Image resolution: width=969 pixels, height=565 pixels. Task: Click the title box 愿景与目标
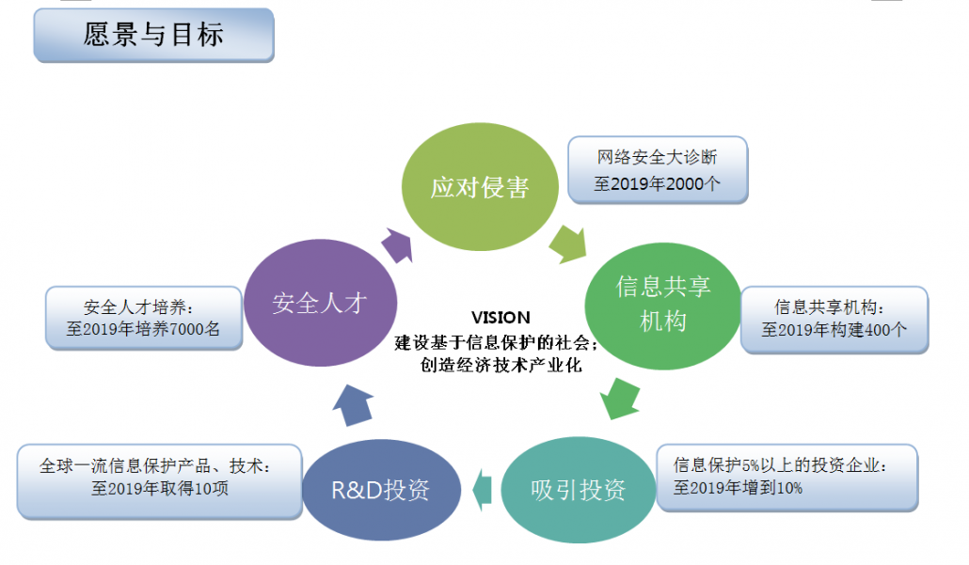click(153, 36)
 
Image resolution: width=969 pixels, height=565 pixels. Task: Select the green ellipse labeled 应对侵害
click(480, 187)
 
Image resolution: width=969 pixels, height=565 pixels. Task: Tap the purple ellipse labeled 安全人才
click(318, 303)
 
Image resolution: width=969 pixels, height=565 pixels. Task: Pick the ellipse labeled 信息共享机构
click(662, 303)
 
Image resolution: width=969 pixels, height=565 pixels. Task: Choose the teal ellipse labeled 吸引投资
click(578, 489)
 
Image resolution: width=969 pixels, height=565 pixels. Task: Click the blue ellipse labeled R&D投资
click(380, 490)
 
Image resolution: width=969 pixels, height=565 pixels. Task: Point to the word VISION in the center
click(500, 318)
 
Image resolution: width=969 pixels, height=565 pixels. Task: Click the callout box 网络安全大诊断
click(658, 170)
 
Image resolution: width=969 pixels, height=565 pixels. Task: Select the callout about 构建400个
click(834, 319)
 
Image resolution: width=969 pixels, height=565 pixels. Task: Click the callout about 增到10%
click(786, 477)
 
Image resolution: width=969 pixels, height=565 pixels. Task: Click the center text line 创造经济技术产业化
click(500, 366)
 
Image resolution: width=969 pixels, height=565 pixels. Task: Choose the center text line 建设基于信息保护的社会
click(496, 342)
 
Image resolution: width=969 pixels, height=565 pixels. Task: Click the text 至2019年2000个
click(658, 184)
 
